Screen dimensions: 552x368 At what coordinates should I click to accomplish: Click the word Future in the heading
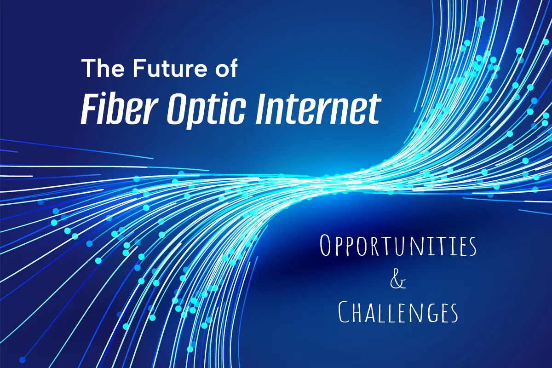click(x=171, y=68)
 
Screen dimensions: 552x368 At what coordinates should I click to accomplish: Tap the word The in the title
click(x=103, y=68)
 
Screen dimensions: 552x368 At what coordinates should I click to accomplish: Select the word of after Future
click(x=226, y=67)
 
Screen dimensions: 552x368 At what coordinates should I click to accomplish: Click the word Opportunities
click(x=398, y=245)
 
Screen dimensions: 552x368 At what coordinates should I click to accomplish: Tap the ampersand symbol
click(x=397, y=281)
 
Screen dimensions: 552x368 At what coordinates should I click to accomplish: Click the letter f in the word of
click(x=233, y=67)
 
